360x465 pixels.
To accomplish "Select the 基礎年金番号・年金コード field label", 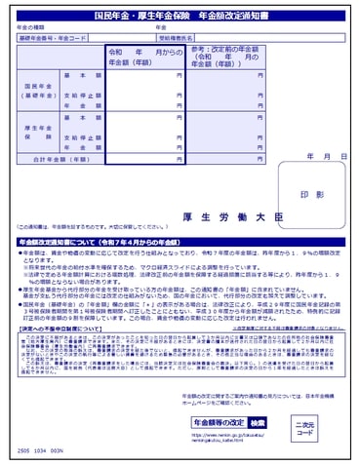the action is pos(52,37).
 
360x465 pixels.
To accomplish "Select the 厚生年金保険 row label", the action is pos(36,132).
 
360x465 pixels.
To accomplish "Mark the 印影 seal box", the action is pos(311,195).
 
